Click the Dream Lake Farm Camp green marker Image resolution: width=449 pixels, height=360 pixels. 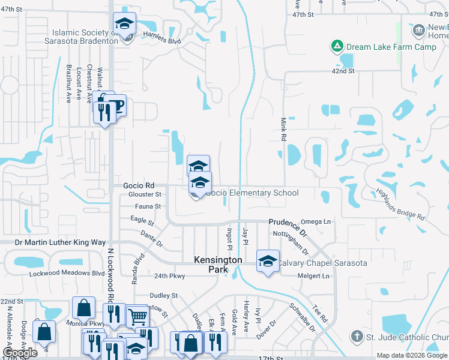click(337, 46)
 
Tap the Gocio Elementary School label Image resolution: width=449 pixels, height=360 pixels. click(252, 193)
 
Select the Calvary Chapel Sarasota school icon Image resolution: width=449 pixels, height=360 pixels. click(268, 261)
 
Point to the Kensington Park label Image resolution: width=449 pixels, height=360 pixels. click(217, 265)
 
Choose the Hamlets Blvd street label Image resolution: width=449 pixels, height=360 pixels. click(161, 38)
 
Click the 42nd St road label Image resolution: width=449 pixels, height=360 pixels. click(344, 71)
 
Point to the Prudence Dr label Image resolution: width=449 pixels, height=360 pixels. click(287, 226)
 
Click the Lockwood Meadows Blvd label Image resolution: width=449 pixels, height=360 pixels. click(67, 273)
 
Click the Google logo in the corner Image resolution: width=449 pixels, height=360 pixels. click(20, 353)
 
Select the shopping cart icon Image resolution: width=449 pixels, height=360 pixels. click(137, 316)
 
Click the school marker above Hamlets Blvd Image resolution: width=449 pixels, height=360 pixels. click(125, 24)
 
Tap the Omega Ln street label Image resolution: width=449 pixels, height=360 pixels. click(318, 221)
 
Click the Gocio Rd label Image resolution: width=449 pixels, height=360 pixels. click(139, 185)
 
